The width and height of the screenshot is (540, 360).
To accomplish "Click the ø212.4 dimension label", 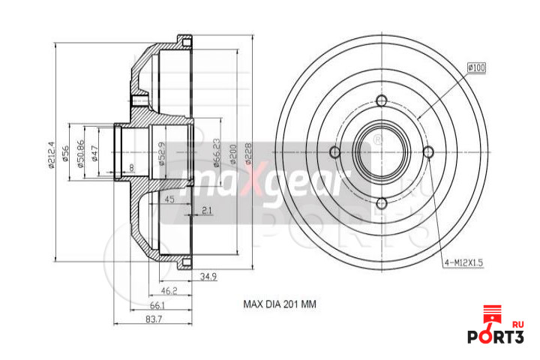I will point(51,154).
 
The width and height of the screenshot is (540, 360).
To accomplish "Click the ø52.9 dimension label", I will point(160,154).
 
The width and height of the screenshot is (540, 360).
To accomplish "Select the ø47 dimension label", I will point(93,154).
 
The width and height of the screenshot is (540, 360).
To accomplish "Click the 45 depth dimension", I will point(169,199).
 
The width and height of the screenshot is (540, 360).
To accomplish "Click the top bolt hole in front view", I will point(381,101).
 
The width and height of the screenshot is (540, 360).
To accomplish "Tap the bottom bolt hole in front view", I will point(381,202).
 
